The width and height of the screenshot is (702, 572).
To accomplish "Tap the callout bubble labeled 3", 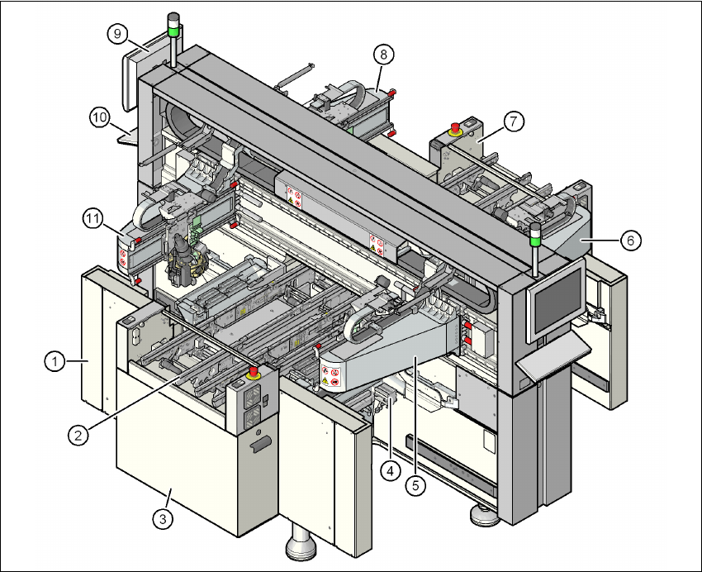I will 164,519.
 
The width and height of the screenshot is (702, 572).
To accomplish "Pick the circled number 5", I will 416,486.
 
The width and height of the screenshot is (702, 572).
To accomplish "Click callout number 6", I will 630,240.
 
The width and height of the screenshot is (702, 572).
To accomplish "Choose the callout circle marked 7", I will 513,122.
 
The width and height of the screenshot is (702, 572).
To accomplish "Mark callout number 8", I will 382,55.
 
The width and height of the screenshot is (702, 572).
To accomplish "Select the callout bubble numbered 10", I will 100,118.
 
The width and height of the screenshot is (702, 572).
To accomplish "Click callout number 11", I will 92,219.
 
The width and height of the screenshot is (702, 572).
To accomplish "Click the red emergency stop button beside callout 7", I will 453,127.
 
